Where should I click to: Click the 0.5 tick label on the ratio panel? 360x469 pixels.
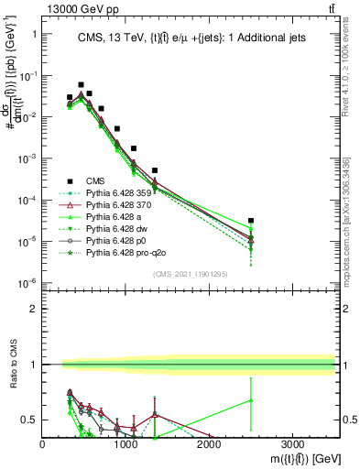click(x=31, y=420)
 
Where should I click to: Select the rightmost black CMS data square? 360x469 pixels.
click(x=251, y=221)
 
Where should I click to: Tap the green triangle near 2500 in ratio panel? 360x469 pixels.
click(x=251, y=400)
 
